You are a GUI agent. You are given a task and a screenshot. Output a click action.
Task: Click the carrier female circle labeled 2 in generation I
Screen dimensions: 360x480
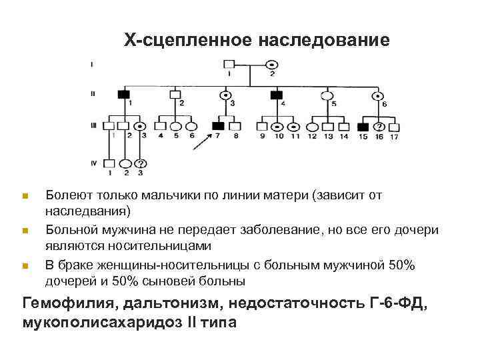pyautogui.click(x=272, y=65)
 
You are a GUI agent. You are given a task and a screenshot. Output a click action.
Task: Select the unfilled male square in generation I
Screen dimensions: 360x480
pyautogui.click(x=229, y=65)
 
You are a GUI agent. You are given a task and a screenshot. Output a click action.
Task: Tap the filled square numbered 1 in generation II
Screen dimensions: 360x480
pyautogui.click(x=123, y=95)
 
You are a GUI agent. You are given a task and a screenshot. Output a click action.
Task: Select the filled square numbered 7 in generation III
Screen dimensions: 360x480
pyautogui.click(x=218, y=125)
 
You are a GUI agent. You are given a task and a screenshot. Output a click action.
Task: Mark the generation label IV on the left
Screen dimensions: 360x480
pyautogui.click(x=93, y=162)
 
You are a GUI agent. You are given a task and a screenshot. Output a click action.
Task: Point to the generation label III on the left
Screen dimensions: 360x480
pyautogui.click(x=93, y=125)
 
